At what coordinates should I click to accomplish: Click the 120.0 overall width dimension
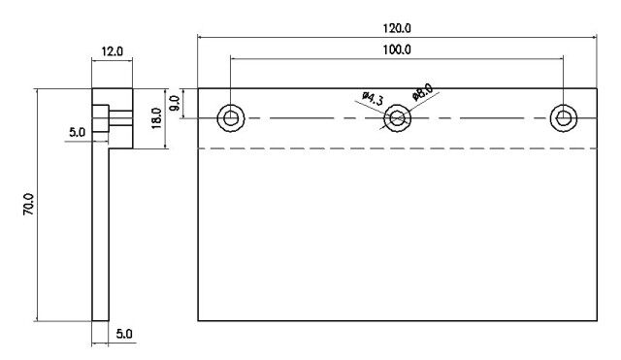click(x=397, y=28)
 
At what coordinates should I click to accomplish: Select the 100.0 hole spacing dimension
click(x=397, y=49)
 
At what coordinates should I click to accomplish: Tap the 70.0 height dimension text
click(x=29, y=205)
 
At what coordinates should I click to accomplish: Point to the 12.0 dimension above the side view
click(x=113, y=51)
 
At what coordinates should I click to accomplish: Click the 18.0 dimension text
click(x=157, y=118)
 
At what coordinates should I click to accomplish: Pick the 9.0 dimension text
click(x=175, y=104)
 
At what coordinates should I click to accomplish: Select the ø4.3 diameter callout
click(x=373, y=99)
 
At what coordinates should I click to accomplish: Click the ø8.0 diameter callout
click(x=422, y=92)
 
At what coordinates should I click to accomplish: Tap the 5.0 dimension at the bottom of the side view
click(x=124, y=334)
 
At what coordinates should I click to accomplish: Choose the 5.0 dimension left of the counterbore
click(x=77, y=132)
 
